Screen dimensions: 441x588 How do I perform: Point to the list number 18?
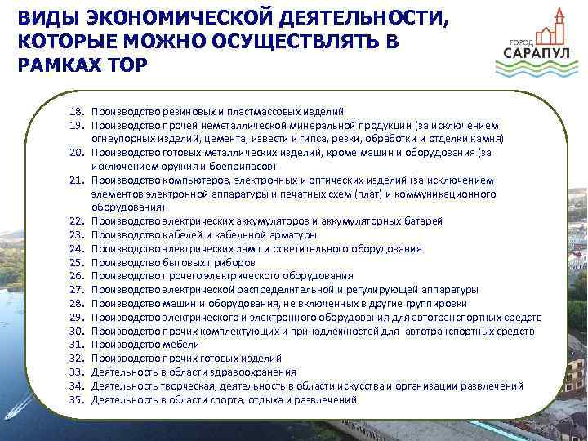pos(77,110)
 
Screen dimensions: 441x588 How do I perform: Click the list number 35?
pos(77,399)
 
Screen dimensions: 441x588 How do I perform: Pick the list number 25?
pos(77,262)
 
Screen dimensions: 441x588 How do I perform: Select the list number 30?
pos(77,331)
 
